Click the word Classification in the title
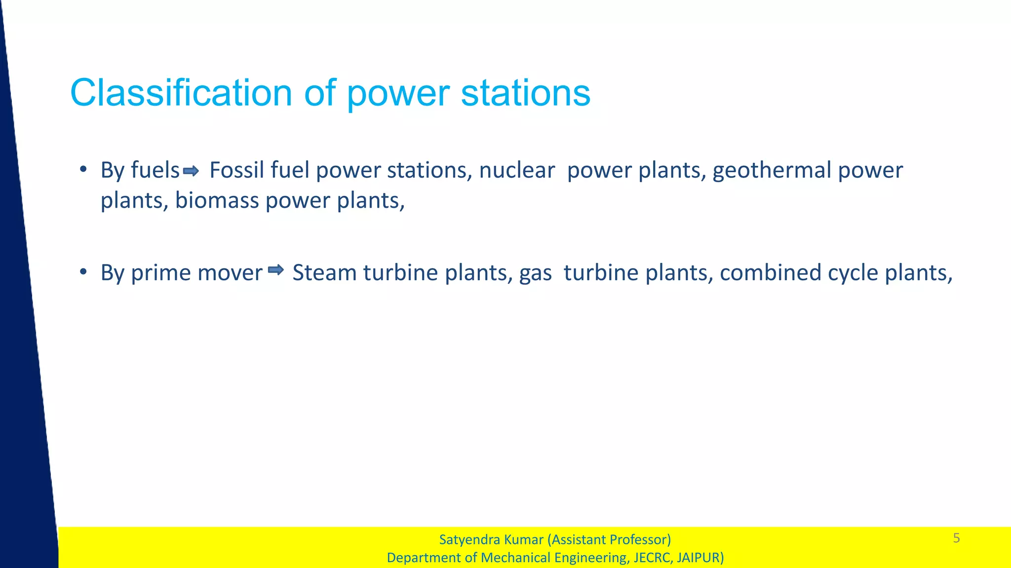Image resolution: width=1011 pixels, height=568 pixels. (182, 93)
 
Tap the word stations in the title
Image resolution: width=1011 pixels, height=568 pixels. (525, 93)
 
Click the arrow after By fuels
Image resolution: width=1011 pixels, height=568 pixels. (191, 171)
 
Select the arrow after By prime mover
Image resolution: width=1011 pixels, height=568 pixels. (276, 269)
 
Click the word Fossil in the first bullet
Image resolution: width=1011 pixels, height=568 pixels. (237, 170)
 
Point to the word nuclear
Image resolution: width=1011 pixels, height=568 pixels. (517, 170)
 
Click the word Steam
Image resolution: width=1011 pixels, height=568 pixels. (324, 272)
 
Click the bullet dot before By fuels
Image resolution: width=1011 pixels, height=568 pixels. (83, 170)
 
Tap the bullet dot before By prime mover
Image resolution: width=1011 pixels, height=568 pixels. (83, 272)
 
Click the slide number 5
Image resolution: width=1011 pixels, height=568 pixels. (956, 538)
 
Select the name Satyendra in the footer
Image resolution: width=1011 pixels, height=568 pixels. (469, 539)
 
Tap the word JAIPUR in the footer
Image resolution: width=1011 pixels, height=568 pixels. (699, 558)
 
